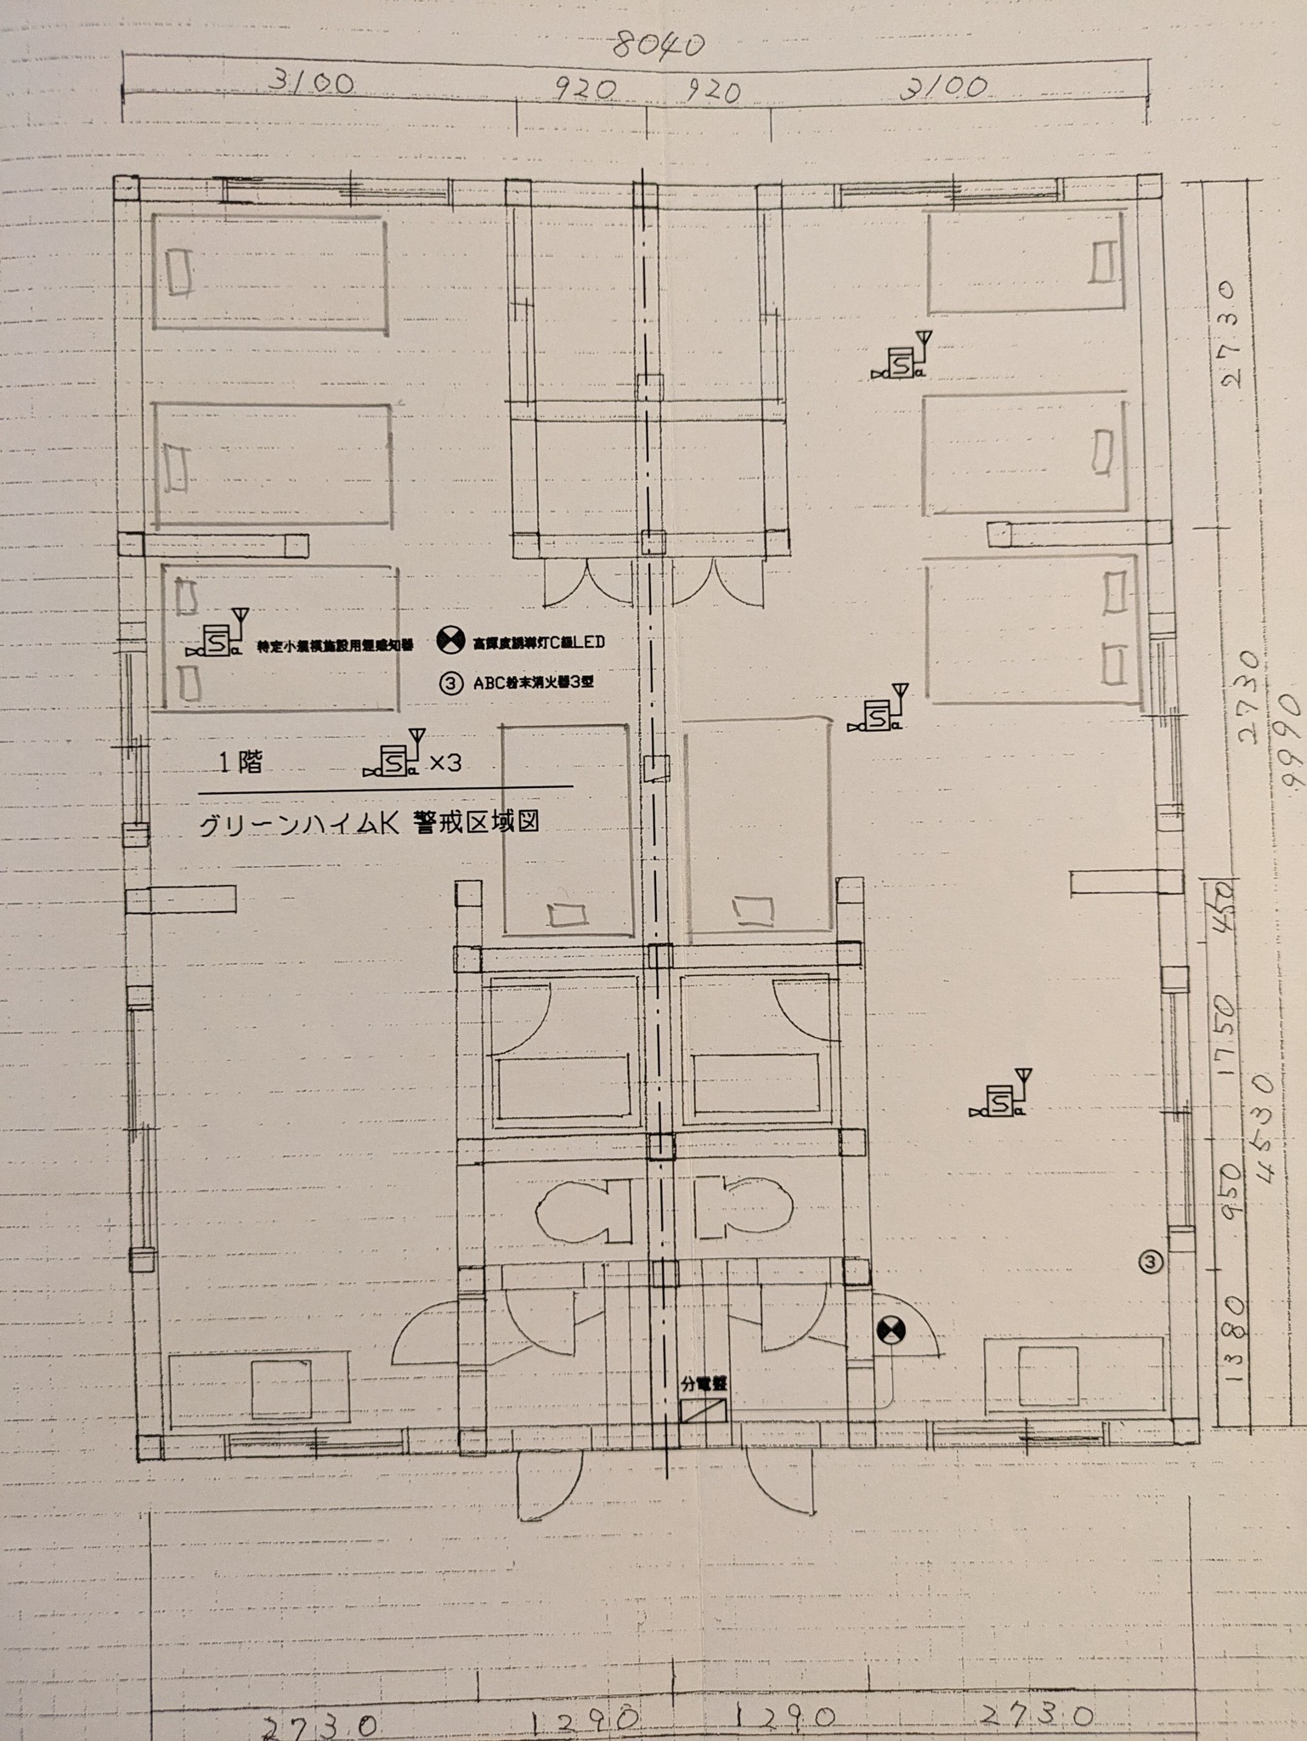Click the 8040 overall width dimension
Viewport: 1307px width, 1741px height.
(x=659, y=45)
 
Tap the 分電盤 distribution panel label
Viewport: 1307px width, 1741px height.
(x=704, y=1384)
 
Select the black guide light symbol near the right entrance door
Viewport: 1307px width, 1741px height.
(x=891, y=1330)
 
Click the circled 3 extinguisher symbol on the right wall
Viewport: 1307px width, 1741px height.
(x=1150, y=1262)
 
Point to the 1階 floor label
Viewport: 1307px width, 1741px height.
(x=240, y=763)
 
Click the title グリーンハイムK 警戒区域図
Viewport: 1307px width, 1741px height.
(x=369, y=824)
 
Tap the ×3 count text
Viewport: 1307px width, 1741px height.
(x=444, y=763)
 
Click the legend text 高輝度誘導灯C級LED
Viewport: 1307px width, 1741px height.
(x=539, y=643)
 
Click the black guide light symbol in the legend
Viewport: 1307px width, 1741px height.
(x=450, y=641)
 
